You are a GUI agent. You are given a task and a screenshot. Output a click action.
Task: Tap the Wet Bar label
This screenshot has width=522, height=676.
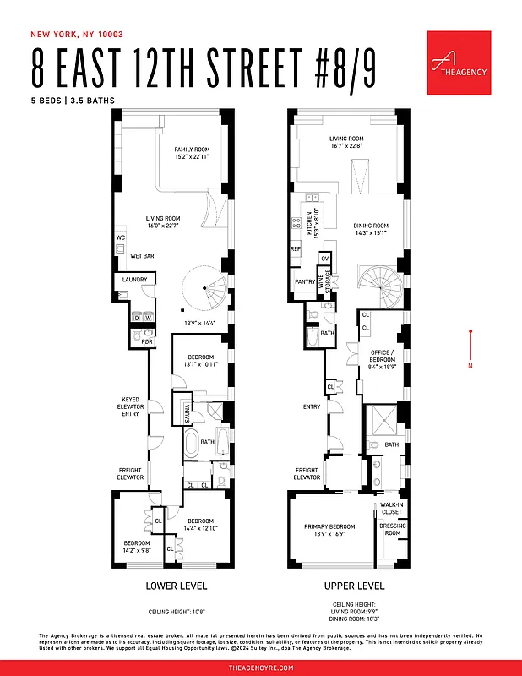142,255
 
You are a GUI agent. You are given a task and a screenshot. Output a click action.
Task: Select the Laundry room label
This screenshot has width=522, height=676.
134,280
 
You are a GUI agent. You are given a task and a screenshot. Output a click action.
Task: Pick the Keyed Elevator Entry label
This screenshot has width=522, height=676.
131,407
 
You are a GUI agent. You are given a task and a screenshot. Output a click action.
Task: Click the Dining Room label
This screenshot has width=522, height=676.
370,229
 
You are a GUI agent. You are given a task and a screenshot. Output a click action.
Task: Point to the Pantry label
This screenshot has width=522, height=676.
304,281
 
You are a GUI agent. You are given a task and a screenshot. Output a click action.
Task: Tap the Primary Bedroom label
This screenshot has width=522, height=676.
329,530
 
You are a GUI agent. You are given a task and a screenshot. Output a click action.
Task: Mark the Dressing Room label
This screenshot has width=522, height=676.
393,529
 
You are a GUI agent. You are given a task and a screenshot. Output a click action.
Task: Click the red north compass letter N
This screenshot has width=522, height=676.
470,366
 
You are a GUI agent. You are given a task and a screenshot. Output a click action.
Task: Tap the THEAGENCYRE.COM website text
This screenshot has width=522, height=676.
261,668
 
